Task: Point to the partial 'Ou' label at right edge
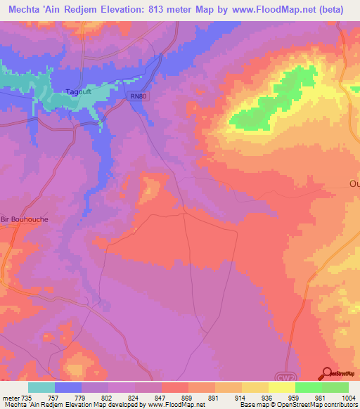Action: click(x=354, y=185)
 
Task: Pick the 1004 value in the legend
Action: click(x=340, y=397)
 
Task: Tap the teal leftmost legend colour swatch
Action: click(x=41, y=387)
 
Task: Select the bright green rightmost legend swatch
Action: click(x=335, y=387)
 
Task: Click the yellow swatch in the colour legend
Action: click(x=282, y=387)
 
